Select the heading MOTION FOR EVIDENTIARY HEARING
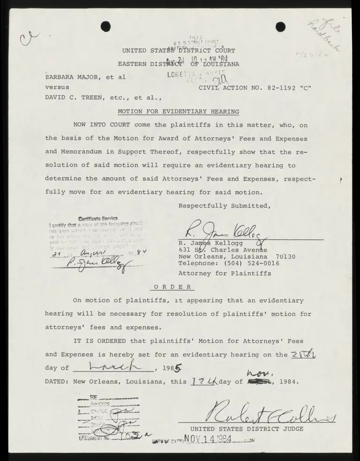tap(178, 112)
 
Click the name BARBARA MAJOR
tap(71, 77)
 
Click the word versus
tap(57, 87)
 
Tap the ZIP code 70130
tap(285, 256)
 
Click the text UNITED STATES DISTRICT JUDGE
tap(247, 429)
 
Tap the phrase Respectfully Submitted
tap(224, 206)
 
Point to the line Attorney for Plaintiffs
tap(224, 273)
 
